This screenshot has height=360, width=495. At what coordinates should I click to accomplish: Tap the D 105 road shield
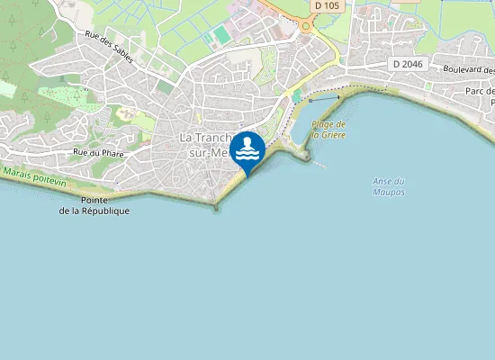pyautogui.click(x=328, y=5)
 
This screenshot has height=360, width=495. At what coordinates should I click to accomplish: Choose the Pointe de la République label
pyautogui.click(x=94, y=205)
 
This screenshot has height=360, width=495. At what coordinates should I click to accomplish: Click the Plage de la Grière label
pyautogui.click(x=328, y=129)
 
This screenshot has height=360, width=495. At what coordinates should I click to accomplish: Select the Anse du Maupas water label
pyautogui.click(x=388, y=186)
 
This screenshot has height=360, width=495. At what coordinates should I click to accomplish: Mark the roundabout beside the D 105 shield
pyautogui.click(x=306, y=25)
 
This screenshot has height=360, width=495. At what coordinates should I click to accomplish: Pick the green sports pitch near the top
pyautogui.click(x=220, y=36)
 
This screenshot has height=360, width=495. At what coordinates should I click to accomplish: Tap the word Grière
pyautogui.click(x=333, y=134)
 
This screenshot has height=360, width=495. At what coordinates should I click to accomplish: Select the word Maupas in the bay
pyautogui.click(x=388, y=193)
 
